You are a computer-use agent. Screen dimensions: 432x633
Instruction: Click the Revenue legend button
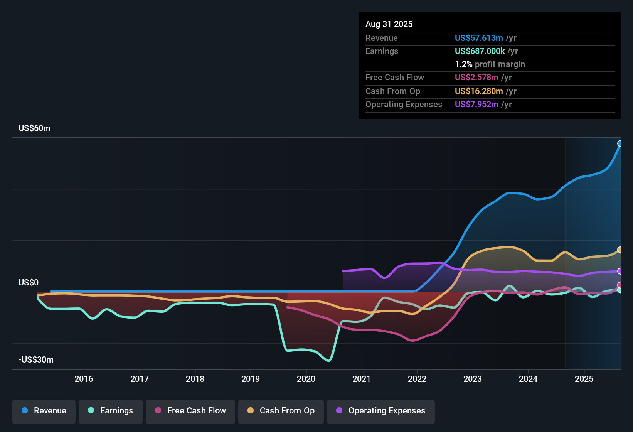click(x=44, y=411)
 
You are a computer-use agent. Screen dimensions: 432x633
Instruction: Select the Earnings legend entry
click(x=111, y=411)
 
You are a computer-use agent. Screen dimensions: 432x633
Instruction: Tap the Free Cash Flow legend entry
click(x=190, y=411)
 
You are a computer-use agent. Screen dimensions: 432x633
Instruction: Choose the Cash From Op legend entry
click(x=281, y=411)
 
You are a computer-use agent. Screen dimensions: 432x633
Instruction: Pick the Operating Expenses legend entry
click(x=381, y=411)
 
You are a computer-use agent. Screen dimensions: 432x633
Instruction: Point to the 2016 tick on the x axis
click(x=84, y=379)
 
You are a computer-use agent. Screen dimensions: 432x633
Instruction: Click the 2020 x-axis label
click(x=306, y=379)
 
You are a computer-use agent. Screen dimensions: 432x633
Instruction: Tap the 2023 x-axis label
click(x=473, y=379)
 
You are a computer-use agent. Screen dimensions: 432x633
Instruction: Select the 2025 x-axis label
click(x=584, y=379)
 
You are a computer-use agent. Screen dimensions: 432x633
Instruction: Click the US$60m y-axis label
click(x=34, y=128)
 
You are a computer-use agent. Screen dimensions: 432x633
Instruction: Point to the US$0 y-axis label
click(x=29, y=283)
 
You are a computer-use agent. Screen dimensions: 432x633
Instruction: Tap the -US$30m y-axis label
click(x=36, y=360)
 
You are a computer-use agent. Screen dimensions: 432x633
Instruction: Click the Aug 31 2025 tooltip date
click(x=389, y=24)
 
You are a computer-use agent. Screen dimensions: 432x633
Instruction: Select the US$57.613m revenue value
click(x=479, y=38)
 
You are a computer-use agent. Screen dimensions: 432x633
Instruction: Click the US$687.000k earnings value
click(x=480, y=51)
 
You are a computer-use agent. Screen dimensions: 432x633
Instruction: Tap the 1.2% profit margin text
click(x=490, y=64)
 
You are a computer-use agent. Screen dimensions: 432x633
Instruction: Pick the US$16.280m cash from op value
click(x=479, y=91)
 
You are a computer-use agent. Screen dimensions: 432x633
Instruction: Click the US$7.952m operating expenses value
click(x=476, y=105)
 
